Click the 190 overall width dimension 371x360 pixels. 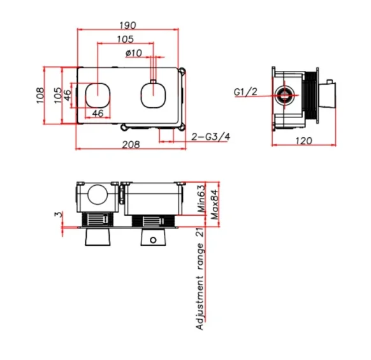click(x=129, y=25)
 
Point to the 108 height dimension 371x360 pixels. click(x=40, y=96)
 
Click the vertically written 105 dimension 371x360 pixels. click(x=57, y=96)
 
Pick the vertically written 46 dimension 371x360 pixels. click(x=67, y=96)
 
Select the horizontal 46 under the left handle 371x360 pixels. click(x=98, y=113)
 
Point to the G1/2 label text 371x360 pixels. click(x=245, y=93)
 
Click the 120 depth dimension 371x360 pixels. click(x=304, y=140)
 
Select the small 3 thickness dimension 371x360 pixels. click(x=57, y=215)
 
